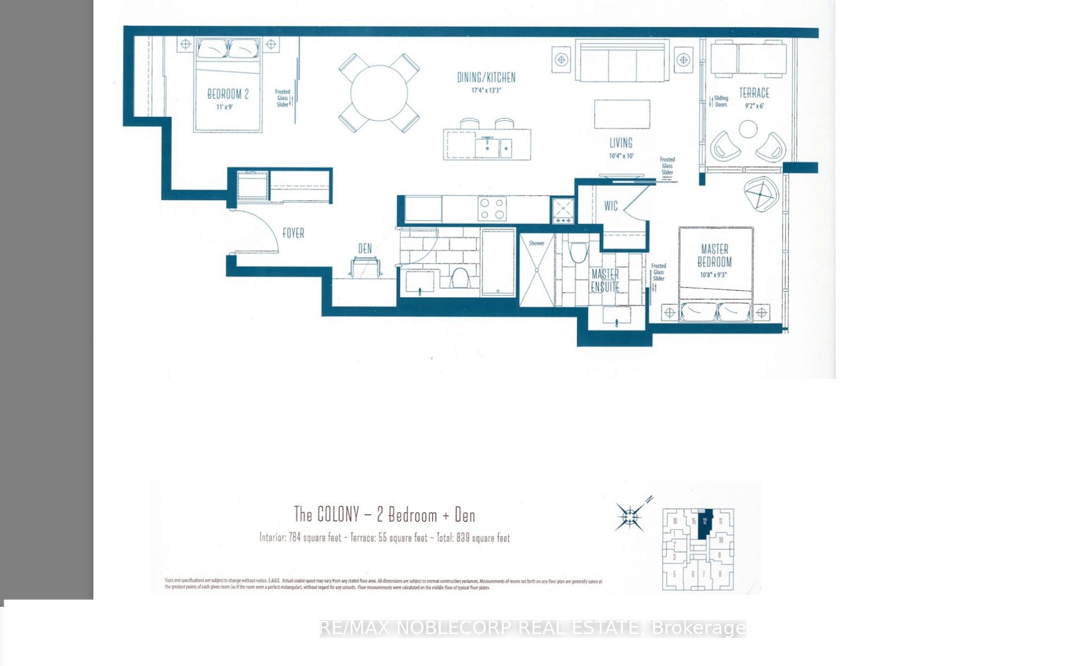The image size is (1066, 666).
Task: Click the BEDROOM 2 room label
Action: pyautogui.click(x=228, y=94)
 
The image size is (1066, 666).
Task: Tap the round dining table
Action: pyautogui.click(x=379, y=93)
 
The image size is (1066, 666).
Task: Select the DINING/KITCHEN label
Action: pyautogui.click(x=486, y=77)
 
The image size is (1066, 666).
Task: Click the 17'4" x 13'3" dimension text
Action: pyautogui.click(x=486, y=90)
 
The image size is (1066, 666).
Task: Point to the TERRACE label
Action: pyautogui.click(x=754, y=93)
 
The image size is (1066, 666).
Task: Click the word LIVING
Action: pyautogui.click(x=621, y=143)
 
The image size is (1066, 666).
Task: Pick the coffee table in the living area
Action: pyautogui.click(x=622, y=114)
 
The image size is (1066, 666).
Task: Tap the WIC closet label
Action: pyautogui.click(x=611, y=206)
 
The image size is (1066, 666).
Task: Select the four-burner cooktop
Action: pyautogui.click(x=492, y=209)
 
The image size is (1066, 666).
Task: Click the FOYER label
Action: pyautogui.click(x=293, y=233)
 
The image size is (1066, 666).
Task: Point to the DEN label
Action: pyautogui.click(x=365, y=248)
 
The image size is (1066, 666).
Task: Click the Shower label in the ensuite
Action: pyautogui.click(x=536, y=243)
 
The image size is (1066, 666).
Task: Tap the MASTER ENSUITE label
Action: pyautogui.click(x=605, y=280)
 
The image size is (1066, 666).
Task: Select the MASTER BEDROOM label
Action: pyautogui.click(x=715, y=256)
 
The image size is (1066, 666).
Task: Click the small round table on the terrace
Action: pyautogui.click(x=748, y=129)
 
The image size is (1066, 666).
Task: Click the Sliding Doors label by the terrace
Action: pyautogui.click(x=720, y=101)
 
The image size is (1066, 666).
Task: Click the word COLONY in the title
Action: pyautogui.click(x=338, y=514)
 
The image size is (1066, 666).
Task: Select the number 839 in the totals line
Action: pyautogui.click(x=463, y=538)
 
